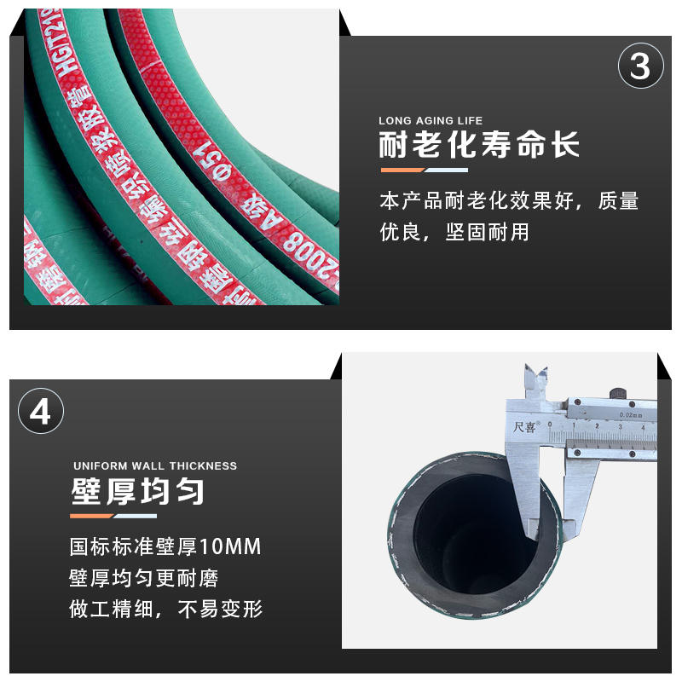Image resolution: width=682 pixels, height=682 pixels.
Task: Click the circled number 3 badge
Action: (x=640, y=67)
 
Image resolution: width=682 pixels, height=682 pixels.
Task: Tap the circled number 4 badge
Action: (x=40, y=412)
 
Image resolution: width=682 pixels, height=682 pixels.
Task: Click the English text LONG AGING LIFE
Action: (x=431, y=121)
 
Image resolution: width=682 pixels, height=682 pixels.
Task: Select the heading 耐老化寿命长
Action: (x=479, y=145)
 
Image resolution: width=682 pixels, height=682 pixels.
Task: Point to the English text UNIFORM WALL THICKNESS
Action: (x=155, y=466)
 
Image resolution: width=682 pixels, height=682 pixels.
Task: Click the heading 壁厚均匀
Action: (x=137, y=492)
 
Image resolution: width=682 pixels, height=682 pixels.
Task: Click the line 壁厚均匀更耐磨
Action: (x=144, y=578)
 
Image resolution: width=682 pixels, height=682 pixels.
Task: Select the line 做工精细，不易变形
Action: (x=165, y=609)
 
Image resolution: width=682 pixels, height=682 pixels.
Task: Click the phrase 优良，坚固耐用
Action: (x=454, y=232)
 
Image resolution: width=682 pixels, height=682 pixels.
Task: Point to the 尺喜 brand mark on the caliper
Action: (x=526, y=426)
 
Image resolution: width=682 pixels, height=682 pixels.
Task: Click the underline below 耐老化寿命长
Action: (x=424, y=170)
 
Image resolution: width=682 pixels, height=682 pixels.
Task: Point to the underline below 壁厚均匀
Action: (x=113, y=516)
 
